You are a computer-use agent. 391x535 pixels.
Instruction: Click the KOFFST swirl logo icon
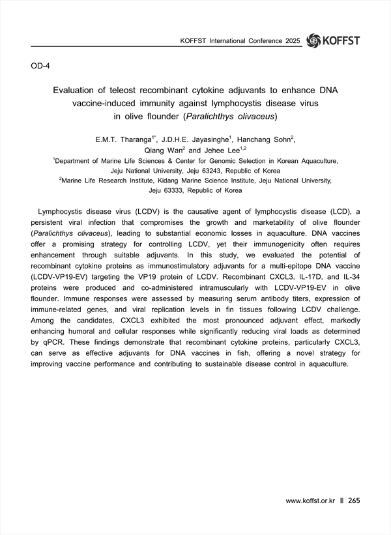(x=313, y=40)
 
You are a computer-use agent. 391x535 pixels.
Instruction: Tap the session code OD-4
(x=42, y=66)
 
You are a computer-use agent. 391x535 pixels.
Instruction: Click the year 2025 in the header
(x=293, y=41)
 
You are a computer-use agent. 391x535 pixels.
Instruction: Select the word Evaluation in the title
(x=82, y=90)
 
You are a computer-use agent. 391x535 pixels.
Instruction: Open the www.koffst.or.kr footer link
(x=310, y=500)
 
